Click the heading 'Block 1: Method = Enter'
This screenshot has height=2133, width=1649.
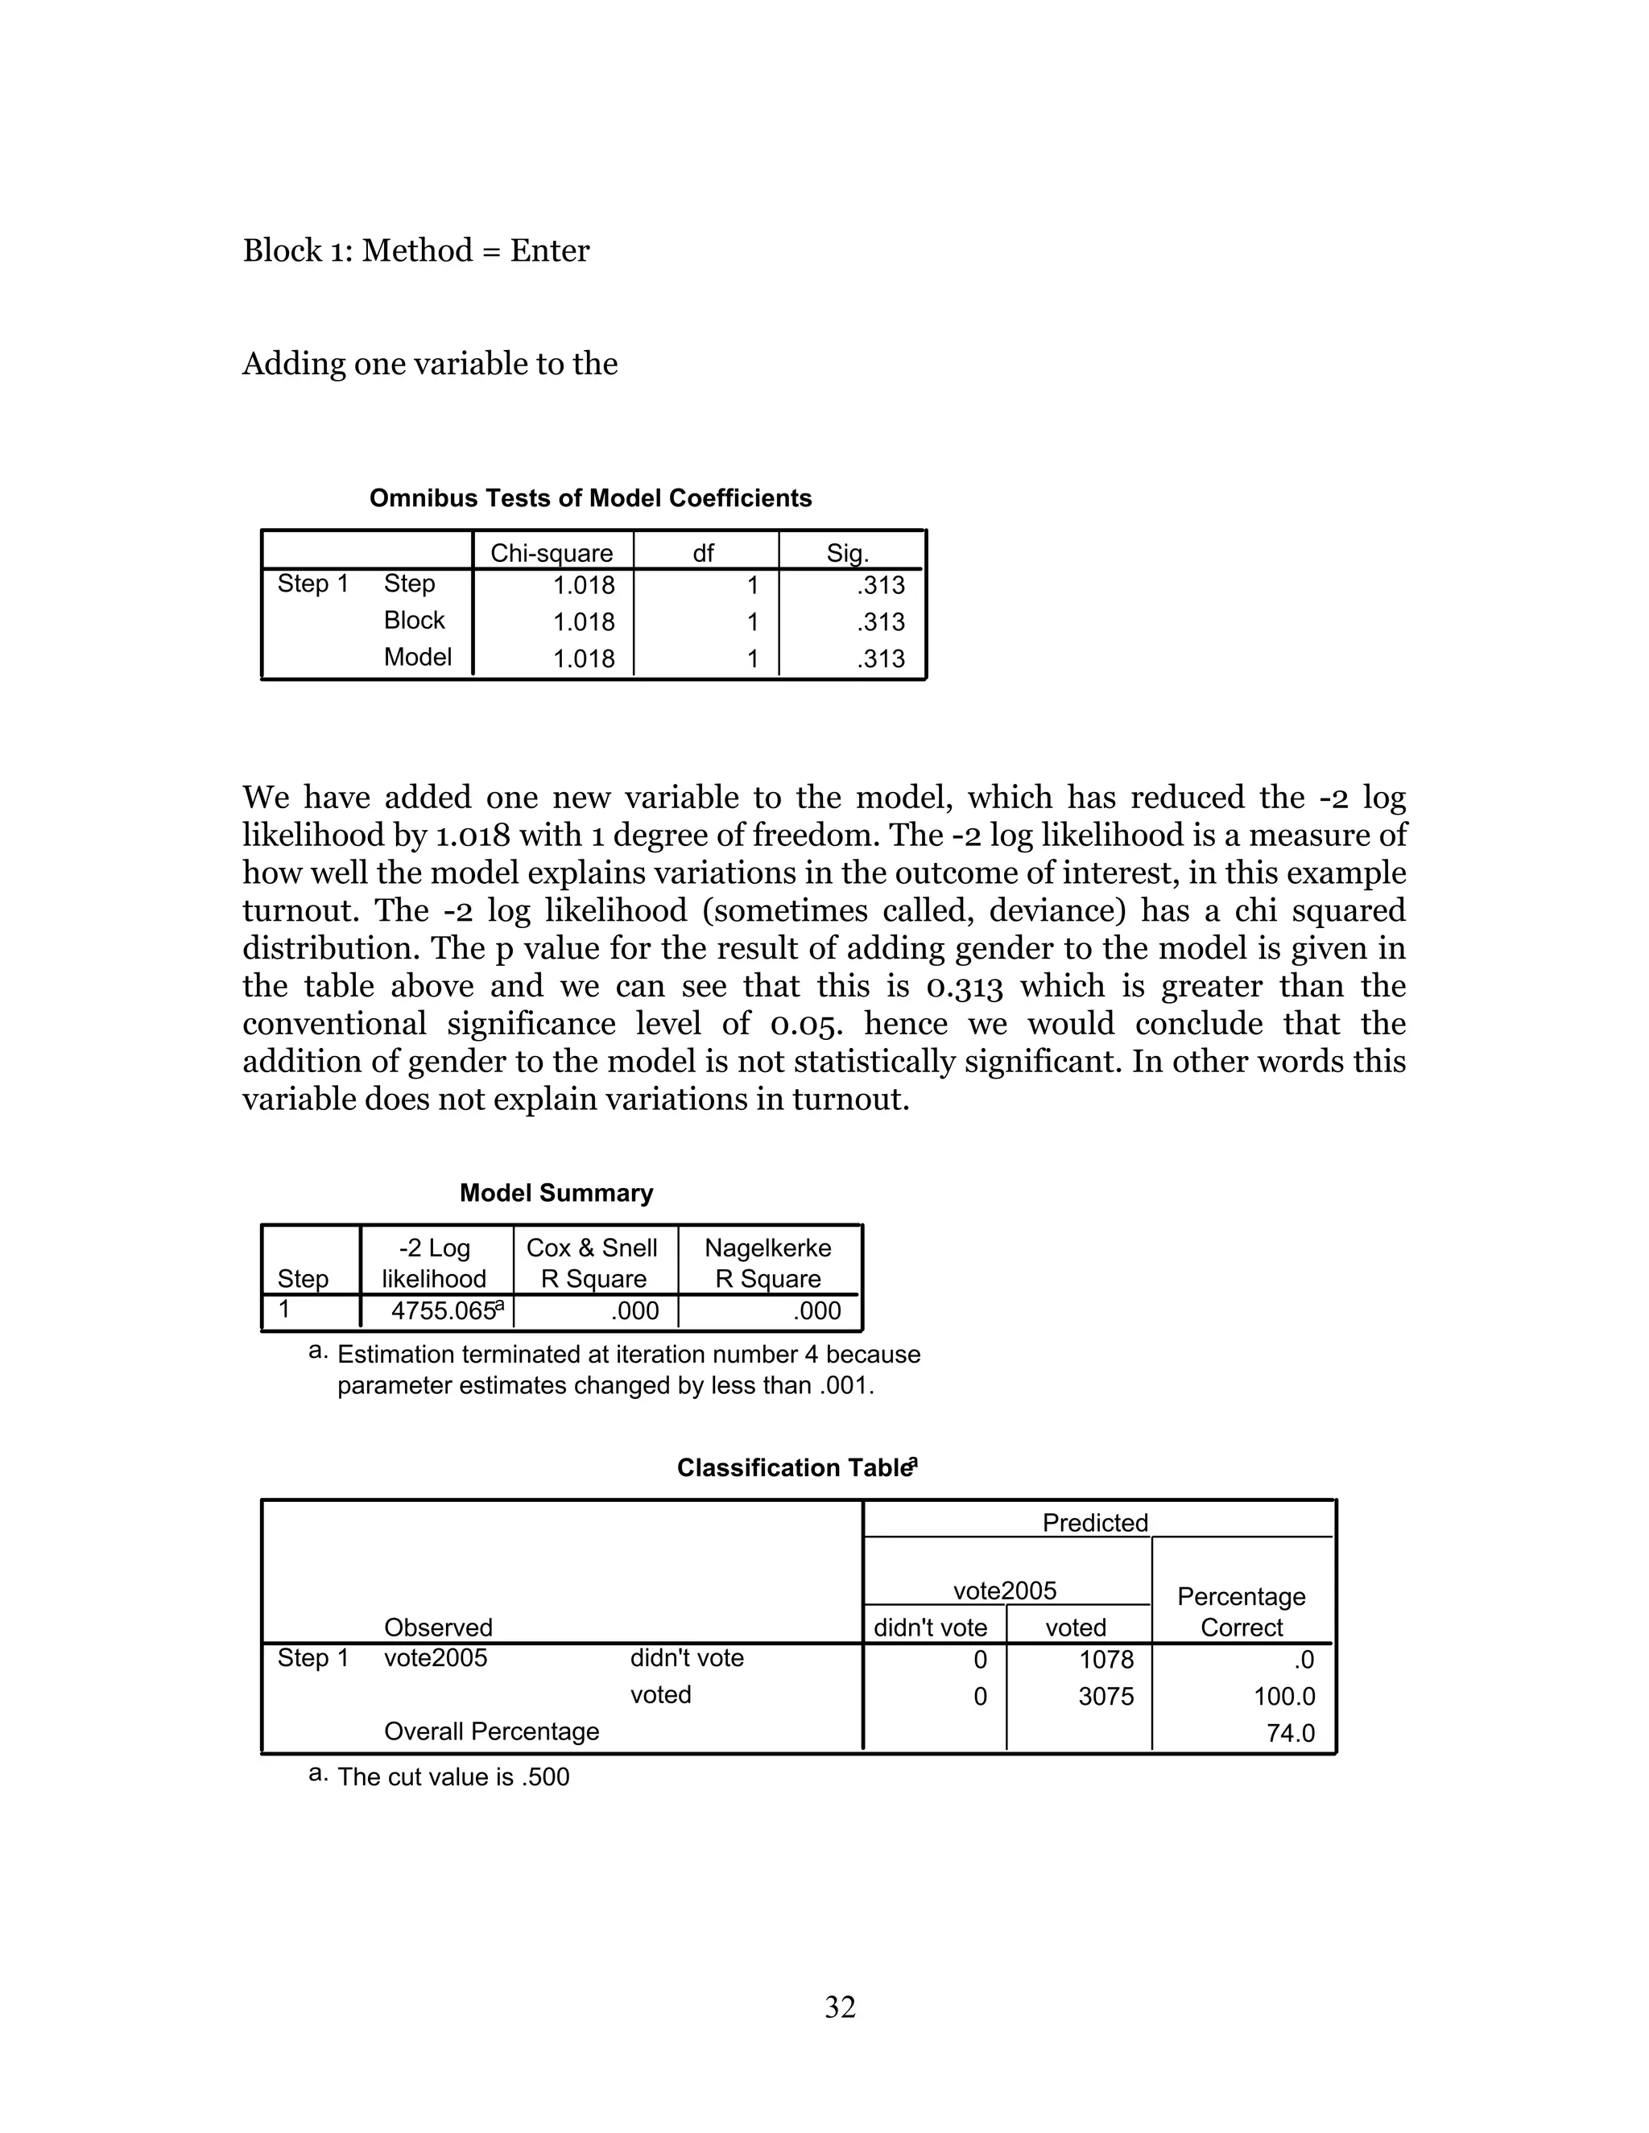416,251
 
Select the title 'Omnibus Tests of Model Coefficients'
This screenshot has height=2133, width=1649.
590,498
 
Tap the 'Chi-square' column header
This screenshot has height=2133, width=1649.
551,553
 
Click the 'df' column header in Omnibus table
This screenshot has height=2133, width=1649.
704,553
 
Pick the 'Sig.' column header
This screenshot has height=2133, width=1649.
847,553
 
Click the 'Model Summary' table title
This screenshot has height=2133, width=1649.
556,1193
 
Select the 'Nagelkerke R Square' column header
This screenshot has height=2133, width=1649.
768,1263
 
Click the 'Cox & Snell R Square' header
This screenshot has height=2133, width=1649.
593,1263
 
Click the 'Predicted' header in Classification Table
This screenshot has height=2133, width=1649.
1094,1523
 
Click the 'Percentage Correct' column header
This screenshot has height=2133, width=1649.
1241,1611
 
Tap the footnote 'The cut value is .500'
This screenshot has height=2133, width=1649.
453,1776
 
